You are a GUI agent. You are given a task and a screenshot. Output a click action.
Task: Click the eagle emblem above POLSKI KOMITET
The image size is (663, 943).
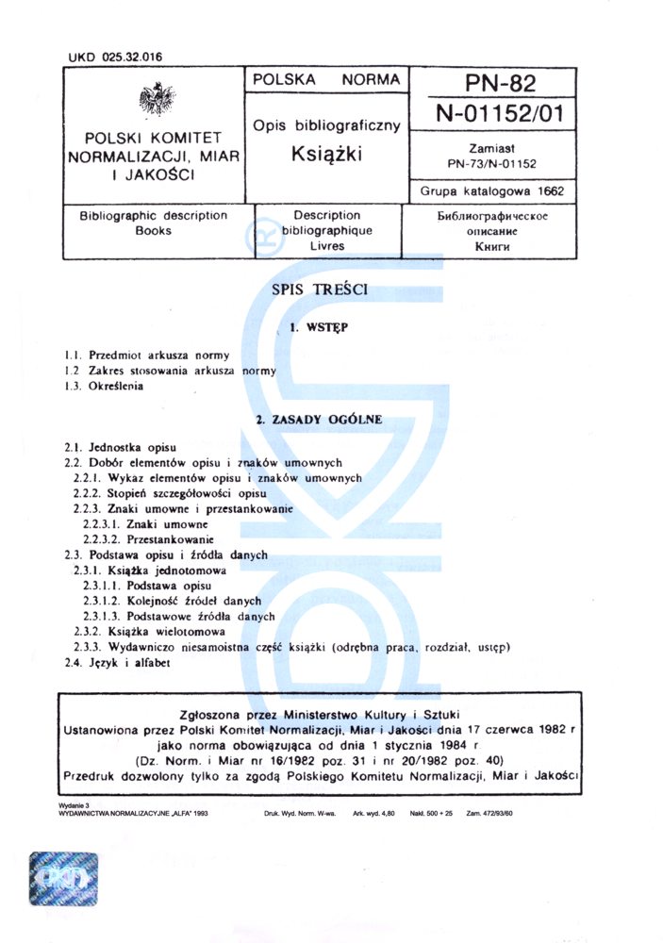point(155,100)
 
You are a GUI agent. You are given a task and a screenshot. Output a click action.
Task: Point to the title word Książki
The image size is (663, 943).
point(326,151)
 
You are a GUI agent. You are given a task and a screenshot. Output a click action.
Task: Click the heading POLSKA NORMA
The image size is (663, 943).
point(326,81)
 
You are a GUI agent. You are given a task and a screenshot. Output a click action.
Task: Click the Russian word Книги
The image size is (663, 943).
point(491,246)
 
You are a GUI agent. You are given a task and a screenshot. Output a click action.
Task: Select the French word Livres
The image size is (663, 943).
point(326,246)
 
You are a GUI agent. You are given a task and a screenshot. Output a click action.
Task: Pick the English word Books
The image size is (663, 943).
point(154,230)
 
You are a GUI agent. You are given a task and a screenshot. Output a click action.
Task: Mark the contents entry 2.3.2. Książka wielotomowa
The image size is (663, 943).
point(149,632)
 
